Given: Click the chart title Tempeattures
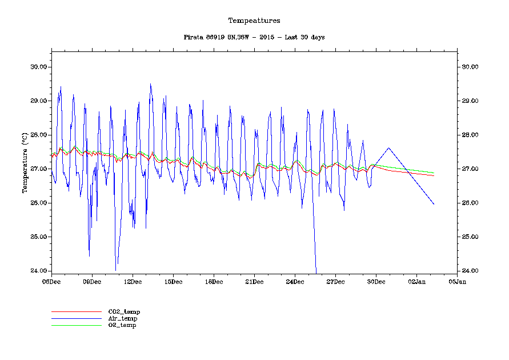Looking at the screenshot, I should pos(254,21).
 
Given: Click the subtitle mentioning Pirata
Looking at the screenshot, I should pos(254,37).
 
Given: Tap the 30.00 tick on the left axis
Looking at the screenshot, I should pos(38,67).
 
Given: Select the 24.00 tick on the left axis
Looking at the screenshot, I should pos(38,271).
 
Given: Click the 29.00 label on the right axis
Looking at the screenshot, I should pos(470,101).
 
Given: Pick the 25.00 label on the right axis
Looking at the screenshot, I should pos(470,237).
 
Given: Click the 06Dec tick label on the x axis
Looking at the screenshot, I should pos(51,281).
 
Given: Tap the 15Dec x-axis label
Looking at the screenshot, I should pos(173,281).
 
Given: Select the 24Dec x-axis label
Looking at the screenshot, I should pos(295,281).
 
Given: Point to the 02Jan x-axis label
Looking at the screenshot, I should pos(416,281).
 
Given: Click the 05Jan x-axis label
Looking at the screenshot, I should pos(457,281).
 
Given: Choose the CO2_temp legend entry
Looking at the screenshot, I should pos(124,312).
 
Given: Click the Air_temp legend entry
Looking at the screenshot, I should pos(123,318).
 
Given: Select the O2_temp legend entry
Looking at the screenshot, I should pos(122,325).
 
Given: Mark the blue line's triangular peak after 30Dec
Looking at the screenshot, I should pos(389,148).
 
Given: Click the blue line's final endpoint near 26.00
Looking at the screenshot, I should pos(434,204).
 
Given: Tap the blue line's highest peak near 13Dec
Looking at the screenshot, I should pos(150,84).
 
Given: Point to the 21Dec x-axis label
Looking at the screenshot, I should pos(254,281).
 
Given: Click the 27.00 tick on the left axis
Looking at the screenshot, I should pos(38,169).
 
